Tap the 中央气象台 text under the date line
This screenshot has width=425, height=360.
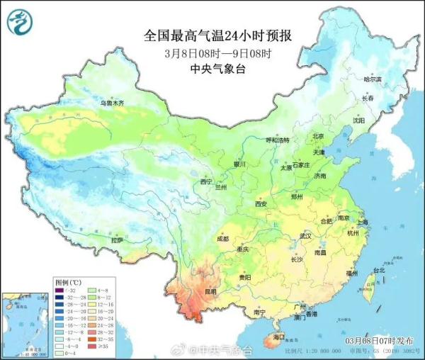click(218, 69)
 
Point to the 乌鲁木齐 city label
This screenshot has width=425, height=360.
click(111, 103)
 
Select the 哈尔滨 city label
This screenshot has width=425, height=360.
click(372, 79)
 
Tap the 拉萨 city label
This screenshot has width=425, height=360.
click(117, 240)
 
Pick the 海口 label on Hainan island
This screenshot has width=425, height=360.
click(278, 337)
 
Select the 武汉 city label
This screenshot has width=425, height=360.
click(306, 235)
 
